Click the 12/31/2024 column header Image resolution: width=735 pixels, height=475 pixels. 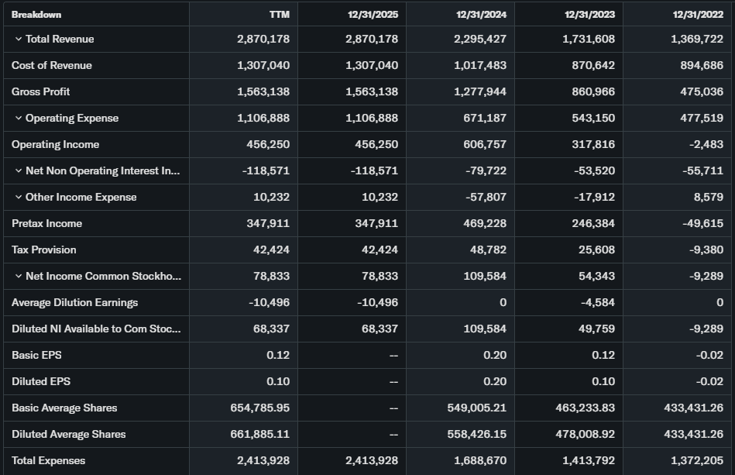pyautogui.click(x=481, y=14)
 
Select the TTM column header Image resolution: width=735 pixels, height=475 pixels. pyautogui.click(x=279, y=14)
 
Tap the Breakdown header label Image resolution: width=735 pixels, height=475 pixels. pyautogui.click(x=36, y=14)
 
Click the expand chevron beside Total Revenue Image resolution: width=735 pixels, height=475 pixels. pyautogui.click(x=19, y=39)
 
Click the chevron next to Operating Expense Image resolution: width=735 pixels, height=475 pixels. pyautogui.click(x=19, y=118)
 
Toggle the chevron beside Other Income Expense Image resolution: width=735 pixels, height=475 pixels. pyautogui.click(x=19, y=197)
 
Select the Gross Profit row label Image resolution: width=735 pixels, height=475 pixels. pyautogui.click(x=40, y=91)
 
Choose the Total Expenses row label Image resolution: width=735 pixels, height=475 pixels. pyautogui.click(x=48, y=460)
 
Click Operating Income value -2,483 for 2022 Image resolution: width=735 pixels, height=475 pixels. pyautogui.click(x=704, y=144)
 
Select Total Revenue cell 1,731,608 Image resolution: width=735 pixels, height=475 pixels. pyautogui.click(x=589, y=39)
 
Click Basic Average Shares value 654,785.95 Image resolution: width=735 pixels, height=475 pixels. pyautogui.click(x=260, y=408)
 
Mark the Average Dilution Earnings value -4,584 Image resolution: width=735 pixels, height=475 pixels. pyautogui.click(x=598, y=302)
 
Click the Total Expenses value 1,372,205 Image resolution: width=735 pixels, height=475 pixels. pyautogui.click(x=697, y=460)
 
